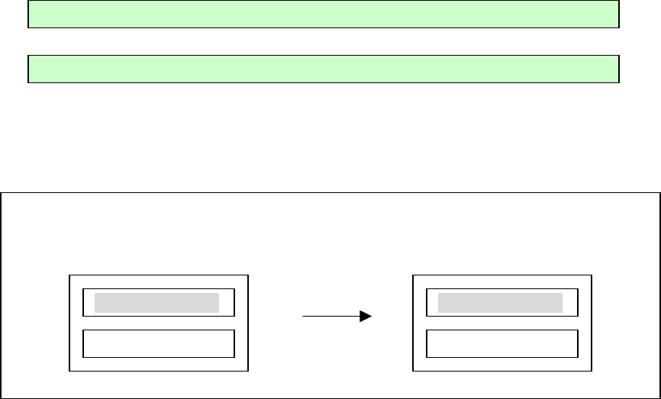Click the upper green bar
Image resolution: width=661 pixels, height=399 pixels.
click(323, 14)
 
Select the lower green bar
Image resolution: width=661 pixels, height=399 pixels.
click(323, 69)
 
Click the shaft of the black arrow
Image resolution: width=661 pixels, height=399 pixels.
click(332, 315)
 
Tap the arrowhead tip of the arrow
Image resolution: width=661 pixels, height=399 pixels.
click(371, 315)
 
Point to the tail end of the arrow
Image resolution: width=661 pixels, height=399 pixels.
click(304, 315)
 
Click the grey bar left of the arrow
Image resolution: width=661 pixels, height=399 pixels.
click(156, 303)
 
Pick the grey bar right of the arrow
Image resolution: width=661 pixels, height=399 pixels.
click(500, 303)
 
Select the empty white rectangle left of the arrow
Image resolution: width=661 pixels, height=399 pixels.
click(158, 344)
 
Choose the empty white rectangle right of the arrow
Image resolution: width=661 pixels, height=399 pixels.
click(501, 344)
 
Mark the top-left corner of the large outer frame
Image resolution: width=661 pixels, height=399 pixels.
click(2, 193)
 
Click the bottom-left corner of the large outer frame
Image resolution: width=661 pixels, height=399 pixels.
click(2, 397)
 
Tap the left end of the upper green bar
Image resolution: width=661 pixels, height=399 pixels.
click(29, 14)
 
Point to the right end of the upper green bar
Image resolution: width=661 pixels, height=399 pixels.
click(617, 14)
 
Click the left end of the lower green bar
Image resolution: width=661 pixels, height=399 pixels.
click(29, 69)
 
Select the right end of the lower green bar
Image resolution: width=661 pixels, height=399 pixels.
click(617, 69)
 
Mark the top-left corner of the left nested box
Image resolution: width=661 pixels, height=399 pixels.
click(69, 275)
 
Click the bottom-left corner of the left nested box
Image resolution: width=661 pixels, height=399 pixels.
click(69, 372)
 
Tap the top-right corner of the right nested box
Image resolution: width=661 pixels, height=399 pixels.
click(591, 275)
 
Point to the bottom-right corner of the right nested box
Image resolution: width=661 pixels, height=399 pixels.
click(591, 372)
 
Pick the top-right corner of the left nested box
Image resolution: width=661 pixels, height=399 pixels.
click(248, 275)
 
